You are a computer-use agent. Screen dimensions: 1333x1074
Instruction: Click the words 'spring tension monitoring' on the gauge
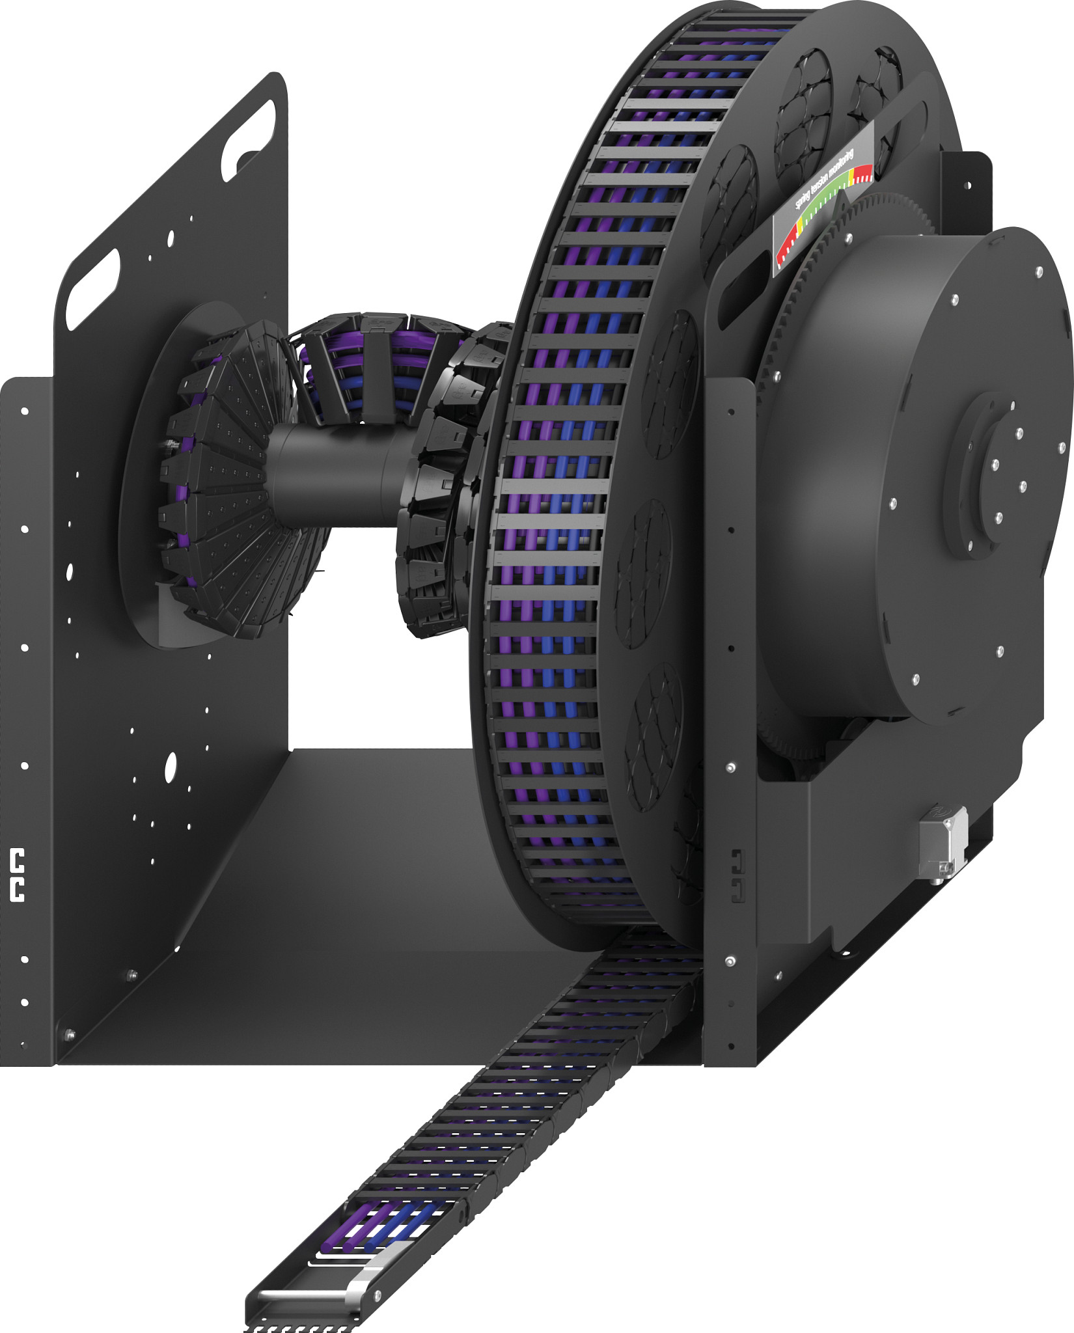tap(826, 179)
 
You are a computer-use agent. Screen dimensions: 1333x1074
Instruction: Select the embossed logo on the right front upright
tap(737, 875)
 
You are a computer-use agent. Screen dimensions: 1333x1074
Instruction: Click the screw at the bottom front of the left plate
tap(68, 1034)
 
